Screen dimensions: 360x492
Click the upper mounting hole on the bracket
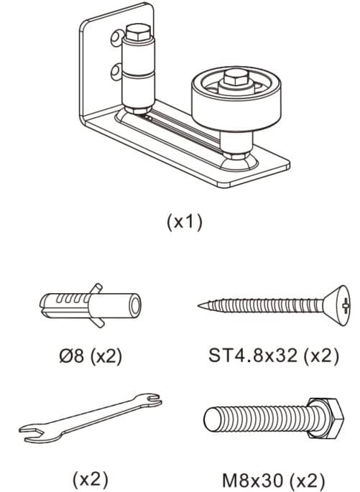pos(116,37)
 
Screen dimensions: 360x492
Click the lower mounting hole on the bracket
pos(116,72)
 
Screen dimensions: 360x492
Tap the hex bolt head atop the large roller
pos(236,77)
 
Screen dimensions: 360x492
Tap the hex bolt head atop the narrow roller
pos(139,32)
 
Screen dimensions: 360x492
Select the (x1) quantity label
pos(185,222)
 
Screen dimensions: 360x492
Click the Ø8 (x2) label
pos(91,356)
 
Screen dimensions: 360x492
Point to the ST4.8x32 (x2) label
pos(274,356)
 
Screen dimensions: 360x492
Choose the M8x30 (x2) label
pos(273,481)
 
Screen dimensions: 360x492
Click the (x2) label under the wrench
pos(91,479)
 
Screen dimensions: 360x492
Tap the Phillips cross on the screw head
pos(346,305)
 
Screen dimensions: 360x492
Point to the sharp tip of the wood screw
pos(199,305)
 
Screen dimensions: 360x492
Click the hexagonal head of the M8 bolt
pos(325,419)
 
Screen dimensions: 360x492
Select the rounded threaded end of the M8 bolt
pos(210,419)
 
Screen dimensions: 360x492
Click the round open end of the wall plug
pos(136,306)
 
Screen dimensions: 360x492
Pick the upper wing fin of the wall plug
pos(96,289)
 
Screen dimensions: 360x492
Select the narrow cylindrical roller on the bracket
pos(139,72)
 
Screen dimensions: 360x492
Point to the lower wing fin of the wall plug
pos(98,322)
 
